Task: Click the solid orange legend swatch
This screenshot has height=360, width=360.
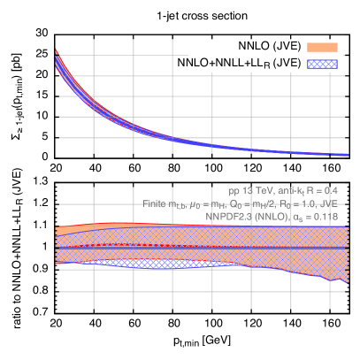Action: (322, 47)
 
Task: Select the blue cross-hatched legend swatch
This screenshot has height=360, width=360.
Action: (322, 64)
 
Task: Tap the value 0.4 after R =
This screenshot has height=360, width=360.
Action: (331, 190)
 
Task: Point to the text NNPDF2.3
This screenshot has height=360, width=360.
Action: (226, 215)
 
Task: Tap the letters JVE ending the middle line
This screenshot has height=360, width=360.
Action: (329, 203)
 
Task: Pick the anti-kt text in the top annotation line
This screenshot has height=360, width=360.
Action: (287, 190)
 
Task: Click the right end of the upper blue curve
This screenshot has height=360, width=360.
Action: (346, 156)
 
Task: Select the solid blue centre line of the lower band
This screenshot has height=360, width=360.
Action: (177, 248)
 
